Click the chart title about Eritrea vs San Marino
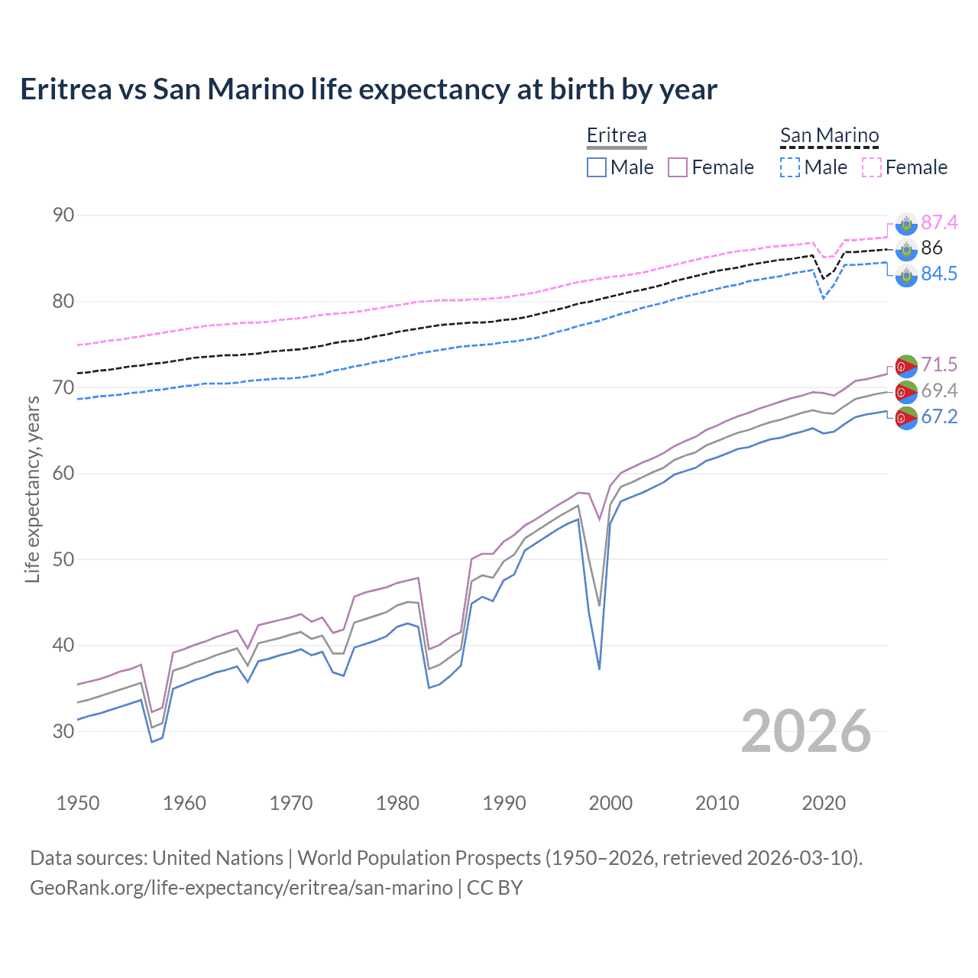point(368,89)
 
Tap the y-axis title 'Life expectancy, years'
point(32,489)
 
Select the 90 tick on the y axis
point(63,215)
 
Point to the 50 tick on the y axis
point(63,559)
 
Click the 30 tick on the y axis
point(63,731)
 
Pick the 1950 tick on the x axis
point(78,803)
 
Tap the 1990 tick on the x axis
point(504,803)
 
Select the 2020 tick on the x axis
point(824,803)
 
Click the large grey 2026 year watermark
point(805,731)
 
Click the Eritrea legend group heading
point(616,135)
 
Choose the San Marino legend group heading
point(829,135)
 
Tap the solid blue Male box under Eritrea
point(597,167)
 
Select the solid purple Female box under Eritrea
point(678,167)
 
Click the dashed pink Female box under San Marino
point(872,167)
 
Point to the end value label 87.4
point(939,222)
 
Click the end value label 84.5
point(939,274)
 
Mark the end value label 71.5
point(939,364)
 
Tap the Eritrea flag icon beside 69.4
point(906,392)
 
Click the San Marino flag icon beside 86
point(906,249)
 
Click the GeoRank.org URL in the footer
point(241,888)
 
